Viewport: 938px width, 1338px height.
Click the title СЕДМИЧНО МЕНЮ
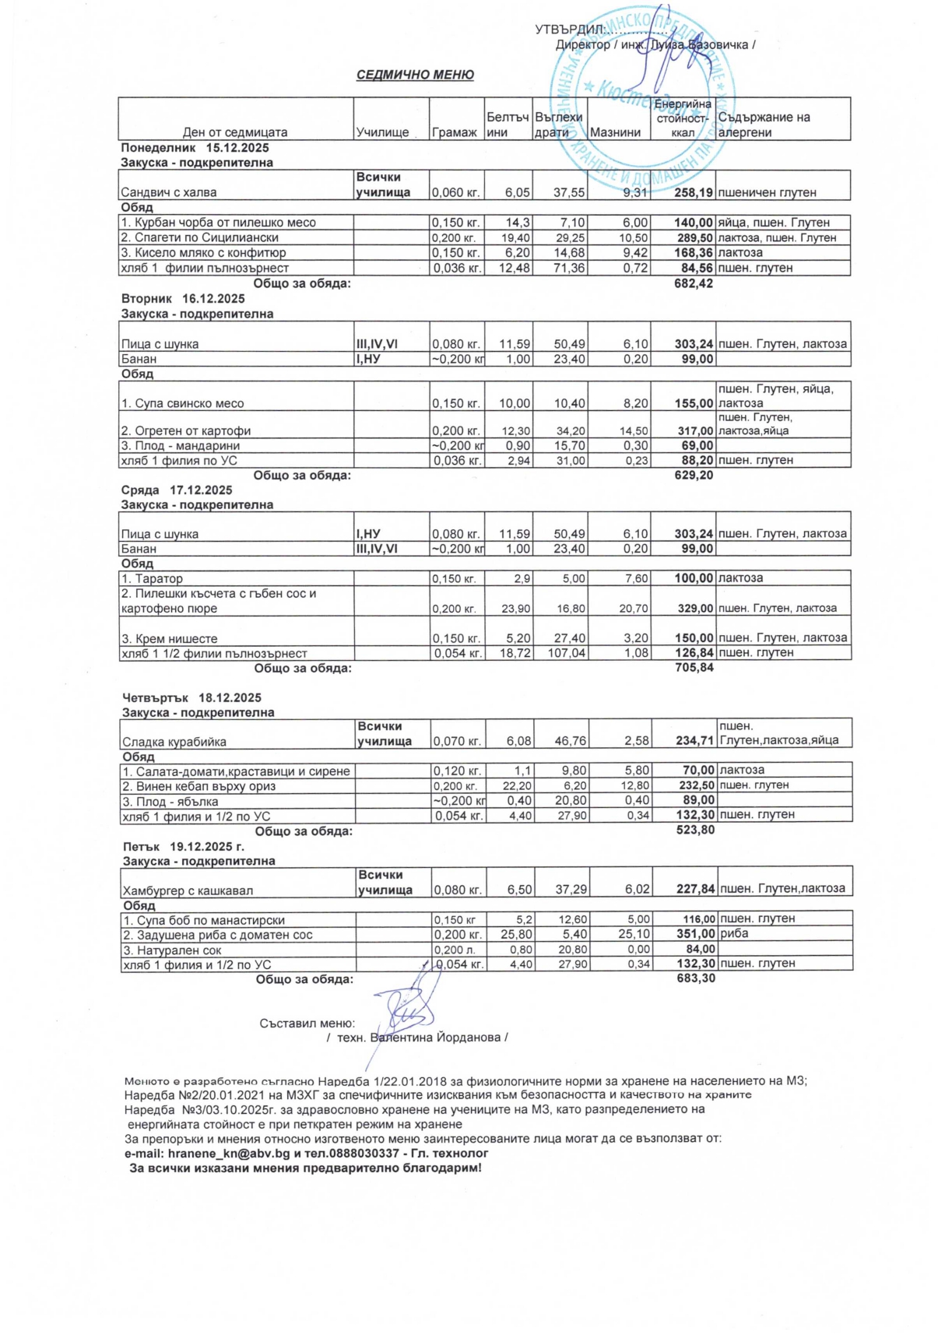tap(415, 75)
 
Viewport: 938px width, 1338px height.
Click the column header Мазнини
tap(614, 132)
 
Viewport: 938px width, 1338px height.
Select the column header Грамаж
tap(454, 132)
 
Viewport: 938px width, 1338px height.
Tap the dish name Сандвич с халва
tap(168, 192)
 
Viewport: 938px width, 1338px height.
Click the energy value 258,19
tap(694, 192)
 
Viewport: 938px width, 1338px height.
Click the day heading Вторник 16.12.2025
tap(183, 299)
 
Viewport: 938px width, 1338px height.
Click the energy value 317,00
tap(694, 430)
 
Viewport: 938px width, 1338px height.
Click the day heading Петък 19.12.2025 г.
tap(184, 846)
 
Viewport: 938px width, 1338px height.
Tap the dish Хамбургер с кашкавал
tap(188, 890)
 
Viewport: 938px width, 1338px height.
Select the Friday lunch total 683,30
tap(696, 978)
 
